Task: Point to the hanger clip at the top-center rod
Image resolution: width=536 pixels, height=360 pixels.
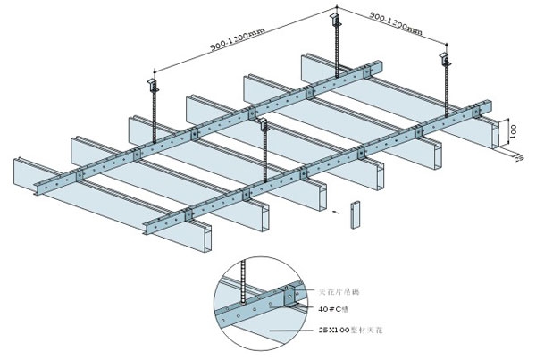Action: (339, 18)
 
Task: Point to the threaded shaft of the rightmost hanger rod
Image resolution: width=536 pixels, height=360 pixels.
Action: (443, 89)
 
